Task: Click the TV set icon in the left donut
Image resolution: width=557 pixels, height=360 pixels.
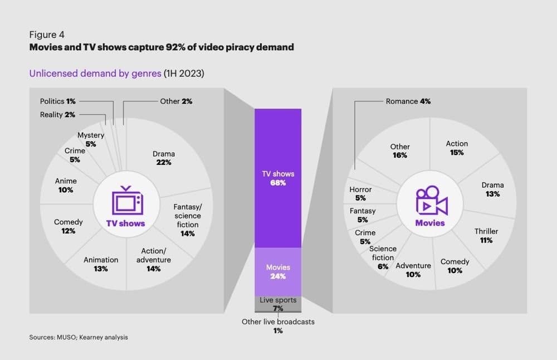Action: click(x=127, y=201)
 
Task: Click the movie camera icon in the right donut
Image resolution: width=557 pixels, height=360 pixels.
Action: click(x=431, y=201)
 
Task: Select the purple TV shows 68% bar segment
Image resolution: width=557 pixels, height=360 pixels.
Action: click(x=278, y=178)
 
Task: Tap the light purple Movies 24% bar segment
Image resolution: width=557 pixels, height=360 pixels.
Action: click(x=278, y=272)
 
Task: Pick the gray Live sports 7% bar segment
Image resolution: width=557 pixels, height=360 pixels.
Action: click(x=278, y=304)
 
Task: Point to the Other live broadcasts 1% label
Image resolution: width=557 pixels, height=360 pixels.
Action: click(x=278, y=326)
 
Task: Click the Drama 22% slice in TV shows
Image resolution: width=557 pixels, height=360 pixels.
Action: click(x=164, y=158)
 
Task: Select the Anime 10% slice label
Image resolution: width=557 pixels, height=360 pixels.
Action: click(x=66, y=185)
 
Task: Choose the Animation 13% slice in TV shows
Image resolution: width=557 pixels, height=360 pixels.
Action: click(x=101, y=264)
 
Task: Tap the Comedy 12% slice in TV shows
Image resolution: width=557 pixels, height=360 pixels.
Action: click(x=69, y=226)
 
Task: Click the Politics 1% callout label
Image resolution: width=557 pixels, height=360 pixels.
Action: click(x=57, y=101)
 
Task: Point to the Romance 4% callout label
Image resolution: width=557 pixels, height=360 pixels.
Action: click(x=408, y=101)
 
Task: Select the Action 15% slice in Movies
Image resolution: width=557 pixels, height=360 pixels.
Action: click(x=457, y=148)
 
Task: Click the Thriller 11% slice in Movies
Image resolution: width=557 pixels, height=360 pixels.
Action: click(x=486, y=235)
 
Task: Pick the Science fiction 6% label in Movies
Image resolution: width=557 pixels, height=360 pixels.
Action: click(x=383, y=257)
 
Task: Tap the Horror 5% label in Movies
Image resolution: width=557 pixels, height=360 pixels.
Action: click(x=360, y=193)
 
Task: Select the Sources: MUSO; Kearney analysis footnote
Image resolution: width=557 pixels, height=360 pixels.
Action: click(x=79, y=337)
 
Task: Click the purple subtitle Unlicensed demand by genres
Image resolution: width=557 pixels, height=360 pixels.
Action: click(x=95, y=73)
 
